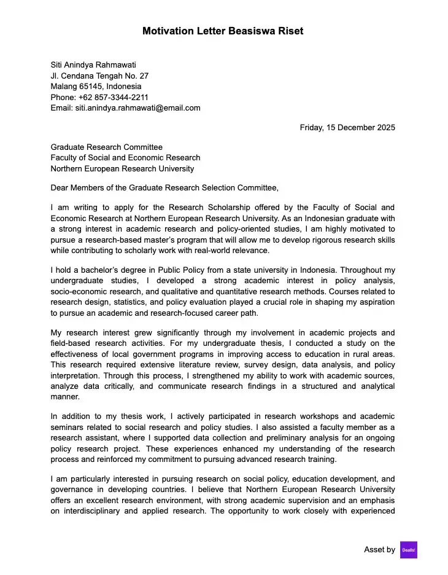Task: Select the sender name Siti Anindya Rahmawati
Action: point(93,65)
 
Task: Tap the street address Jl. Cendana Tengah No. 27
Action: point(99,76)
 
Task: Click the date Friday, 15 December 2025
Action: point(347,128)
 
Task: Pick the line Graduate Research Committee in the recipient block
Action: point(106,147)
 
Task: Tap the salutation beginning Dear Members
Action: point(164,188)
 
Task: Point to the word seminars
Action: point(69,428)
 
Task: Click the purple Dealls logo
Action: point(408,550)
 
